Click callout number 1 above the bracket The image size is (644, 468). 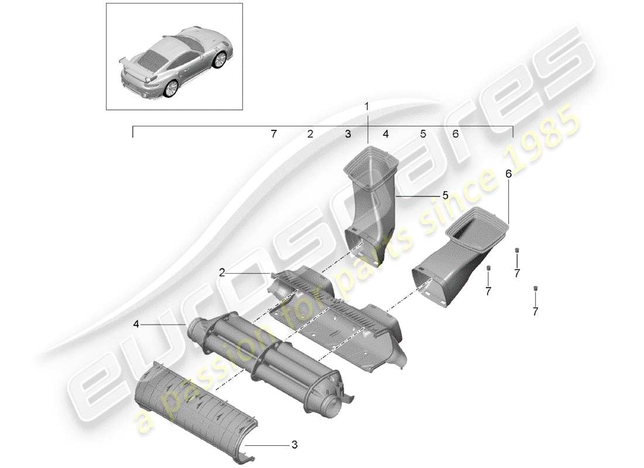[367, 107]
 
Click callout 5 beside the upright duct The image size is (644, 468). [445, 196]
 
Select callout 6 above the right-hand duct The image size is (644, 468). [508, 174]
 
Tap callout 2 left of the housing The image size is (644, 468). [222, 271]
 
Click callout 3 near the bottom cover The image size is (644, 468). [294, 445]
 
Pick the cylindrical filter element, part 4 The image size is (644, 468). [263, 357]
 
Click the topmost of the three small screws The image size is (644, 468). [517, 252]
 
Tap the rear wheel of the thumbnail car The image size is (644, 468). [172, 88]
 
